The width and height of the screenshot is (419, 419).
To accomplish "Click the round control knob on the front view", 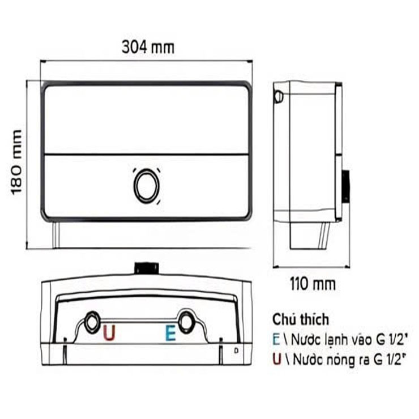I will (x=146, y=185).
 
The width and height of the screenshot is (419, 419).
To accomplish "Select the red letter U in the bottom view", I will (x=109, y=333).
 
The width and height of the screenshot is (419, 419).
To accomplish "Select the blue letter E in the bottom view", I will (x=169, y=333).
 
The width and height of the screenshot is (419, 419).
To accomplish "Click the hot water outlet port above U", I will (x=91, y=320).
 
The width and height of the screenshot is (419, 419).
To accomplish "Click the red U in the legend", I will (x=276, y=357).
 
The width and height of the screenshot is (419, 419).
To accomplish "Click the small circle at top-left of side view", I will (x=277, y=97).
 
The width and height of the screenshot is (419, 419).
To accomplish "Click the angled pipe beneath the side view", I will (x=324, y=234).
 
